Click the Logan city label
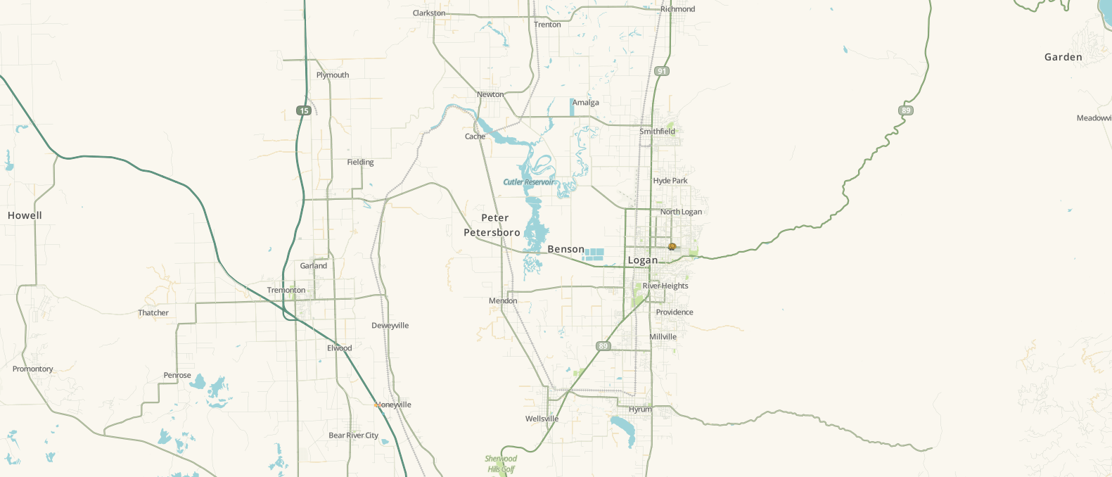click(x=643, y=260)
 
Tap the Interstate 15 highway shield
click(x=304, y=110)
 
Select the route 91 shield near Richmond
click(x=662, y=71)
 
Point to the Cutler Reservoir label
click(x=529, y=182)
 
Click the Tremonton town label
click(x=286, y=290)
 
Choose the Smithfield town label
click(x=657, y=132)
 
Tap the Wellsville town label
click(x=542, y=419)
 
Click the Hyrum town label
click(x=640, y=409)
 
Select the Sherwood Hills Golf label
click(x=501, y=464)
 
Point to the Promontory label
click(x=33, y=369)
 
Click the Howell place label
click(x=25, y=215)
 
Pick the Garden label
click(x=1063, y=57)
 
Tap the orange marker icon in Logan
click(x=672, y=246)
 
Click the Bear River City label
click(x=353, y=435)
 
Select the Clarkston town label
click(x=429, y=13)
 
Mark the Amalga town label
click(x=586, y=103)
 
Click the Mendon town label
click(x=503, y=300)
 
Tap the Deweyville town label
click(x=390, y=326)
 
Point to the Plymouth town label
click(x=333, y=75)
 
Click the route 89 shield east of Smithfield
click(x=906, y=110)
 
